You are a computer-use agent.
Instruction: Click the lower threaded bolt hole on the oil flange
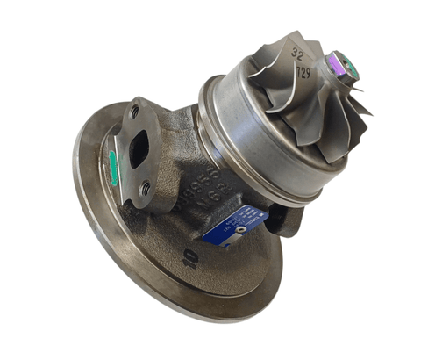point(146,187)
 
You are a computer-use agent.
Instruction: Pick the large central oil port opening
point(139,151)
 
